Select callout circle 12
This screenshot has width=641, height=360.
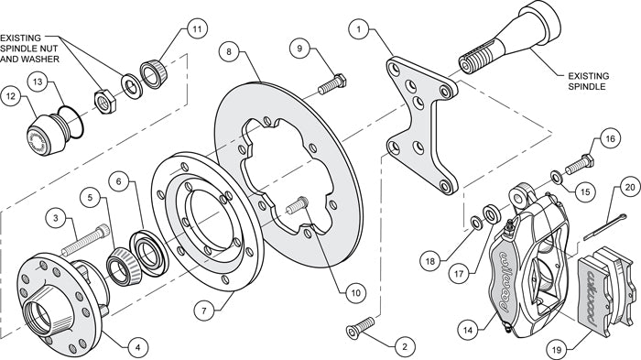coord(12,93)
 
